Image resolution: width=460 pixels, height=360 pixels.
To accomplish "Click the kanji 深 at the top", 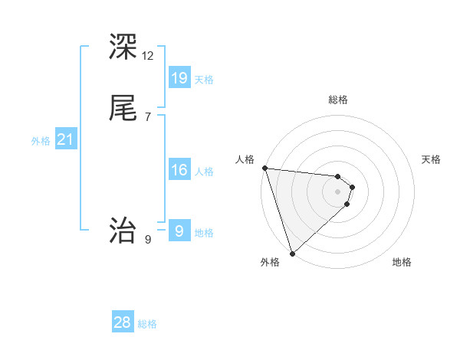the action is (x=123, y=47).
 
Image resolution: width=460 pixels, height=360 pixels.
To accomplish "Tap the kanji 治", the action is (x=123, y=230).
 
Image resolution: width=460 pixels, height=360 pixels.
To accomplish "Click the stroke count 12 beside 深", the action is (x=148, y=56).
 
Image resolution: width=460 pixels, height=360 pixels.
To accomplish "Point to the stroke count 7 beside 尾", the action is (x=147, y=116).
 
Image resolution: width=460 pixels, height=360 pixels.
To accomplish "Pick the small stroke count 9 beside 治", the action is (x=147, y=240).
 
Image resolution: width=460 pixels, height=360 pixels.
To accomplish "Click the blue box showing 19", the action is (x=179, y=77).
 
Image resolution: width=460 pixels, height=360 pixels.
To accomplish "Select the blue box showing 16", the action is (x=179, y=170).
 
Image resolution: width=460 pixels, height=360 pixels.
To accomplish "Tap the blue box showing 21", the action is (x=65, y=139).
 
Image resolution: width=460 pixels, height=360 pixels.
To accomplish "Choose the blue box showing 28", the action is (x=123, y=322).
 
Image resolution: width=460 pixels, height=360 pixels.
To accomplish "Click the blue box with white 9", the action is (x=179, y=231).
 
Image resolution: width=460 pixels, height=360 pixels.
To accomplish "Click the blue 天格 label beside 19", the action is (x=204, y=79).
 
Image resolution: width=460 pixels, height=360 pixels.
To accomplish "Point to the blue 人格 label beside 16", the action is (x=204, y=172).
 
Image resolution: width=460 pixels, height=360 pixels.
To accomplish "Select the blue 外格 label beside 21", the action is (x=41, y=141).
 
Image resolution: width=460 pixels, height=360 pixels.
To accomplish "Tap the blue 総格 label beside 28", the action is (x=147, y=324).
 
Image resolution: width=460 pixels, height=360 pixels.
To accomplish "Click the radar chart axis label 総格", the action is (x=338, y=100).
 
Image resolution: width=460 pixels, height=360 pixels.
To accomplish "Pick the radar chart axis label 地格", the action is (x=402, y=262).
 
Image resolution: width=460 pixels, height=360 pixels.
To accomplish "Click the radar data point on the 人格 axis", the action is (x=264, y=168).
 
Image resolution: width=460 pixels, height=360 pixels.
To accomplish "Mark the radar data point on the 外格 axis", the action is (x=292, y=253).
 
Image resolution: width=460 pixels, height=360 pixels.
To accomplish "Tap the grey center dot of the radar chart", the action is (x=337, y=191).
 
